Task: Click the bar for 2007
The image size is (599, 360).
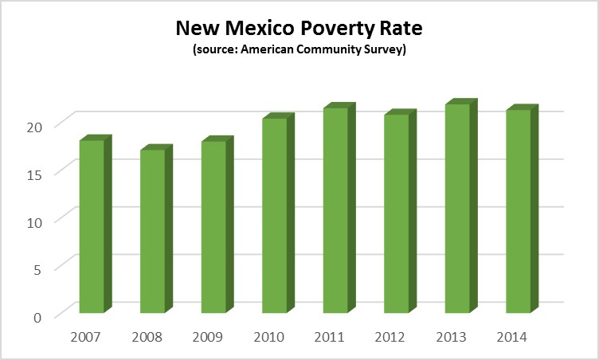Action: pos(92,226)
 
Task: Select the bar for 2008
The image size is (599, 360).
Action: pos(152,231)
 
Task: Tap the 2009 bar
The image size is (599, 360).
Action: pos(213,227)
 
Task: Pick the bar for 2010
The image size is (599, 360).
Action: pos(274,215)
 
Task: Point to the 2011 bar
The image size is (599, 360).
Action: pos(335,210)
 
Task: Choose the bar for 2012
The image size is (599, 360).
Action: pos(396,213)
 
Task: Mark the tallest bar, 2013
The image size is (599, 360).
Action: pos(456,208)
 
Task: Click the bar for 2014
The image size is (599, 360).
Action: pos(518,211)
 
